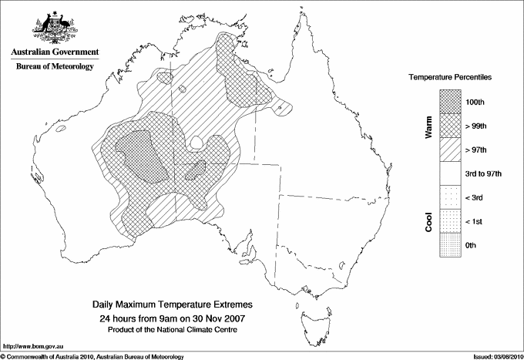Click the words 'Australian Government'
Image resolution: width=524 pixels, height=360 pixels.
tap(55, 52)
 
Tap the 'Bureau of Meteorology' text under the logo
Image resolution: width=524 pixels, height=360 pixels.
tap(55, 66)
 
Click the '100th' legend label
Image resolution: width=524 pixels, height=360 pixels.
tap(476, 101)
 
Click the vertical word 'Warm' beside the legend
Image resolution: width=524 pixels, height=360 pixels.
tap(429, 125)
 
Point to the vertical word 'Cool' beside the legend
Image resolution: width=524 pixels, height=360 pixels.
tap(429, 221)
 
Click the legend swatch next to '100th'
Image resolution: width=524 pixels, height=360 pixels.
tap(451, 101)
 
